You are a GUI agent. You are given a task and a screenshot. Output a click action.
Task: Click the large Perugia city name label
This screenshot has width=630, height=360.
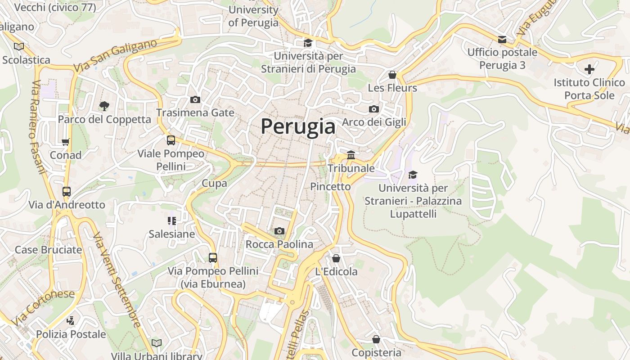[298, 126]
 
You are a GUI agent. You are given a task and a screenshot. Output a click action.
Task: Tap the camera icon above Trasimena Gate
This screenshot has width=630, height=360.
[195, 99]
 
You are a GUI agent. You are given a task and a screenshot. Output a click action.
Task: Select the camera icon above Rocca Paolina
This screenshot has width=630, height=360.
[279, 231]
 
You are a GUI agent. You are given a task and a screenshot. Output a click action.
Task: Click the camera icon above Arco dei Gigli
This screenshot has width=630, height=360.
[373, 109]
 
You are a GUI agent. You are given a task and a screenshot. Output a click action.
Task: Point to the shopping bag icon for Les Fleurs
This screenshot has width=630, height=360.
[392, 75]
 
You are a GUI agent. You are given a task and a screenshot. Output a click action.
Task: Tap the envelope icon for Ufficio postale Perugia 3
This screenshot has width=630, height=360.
[502, 40]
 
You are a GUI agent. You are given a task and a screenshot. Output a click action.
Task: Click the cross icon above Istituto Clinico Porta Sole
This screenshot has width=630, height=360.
[589, 69]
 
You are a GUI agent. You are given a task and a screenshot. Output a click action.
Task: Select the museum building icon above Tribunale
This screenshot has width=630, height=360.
[351, 155]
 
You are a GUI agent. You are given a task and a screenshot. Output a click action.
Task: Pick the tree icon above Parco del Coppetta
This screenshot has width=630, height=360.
[104, 106]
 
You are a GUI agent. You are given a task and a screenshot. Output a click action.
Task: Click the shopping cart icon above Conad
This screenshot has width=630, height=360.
[66, 142]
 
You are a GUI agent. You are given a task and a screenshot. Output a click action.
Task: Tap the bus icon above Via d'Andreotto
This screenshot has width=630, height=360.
[67, 192]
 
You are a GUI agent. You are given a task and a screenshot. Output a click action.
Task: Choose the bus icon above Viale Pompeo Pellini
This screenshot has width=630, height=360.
[171, 140]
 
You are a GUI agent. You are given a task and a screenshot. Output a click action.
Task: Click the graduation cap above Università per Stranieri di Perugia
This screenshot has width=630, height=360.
[308, 43]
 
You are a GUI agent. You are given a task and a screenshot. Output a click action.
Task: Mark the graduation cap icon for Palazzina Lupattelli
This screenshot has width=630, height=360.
[413, 175]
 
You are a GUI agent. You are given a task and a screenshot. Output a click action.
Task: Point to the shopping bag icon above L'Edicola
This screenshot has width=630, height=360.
[336, 258]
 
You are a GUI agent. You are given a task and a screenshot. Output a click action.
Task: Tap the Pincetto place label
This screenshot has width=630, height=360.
[330, 186]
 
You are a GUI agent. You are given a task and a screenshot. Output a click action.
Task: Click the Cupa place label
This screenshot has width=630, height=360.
[214, 183]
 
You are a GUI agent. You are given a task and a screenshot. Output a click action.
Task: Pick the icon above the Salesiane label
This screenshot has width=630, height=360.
[172, 220]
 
